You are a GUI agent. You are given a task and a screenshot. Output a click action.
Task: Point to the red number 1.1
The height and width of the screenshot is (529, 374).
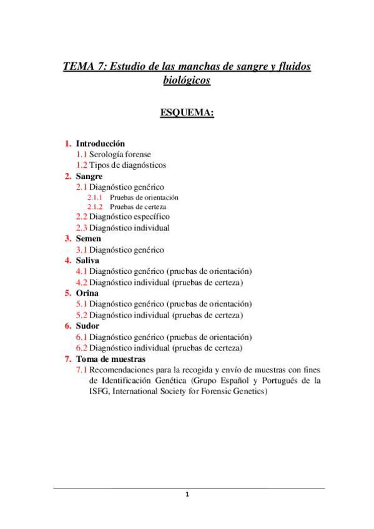[81, 154]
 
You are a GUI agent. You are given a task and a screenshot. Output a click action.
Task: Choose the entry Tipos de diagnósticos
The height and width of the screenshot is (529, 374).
[127, 165]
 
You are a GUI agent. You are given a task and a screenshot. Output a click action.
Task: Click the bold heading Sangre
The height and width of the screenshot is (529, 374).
[89, 177]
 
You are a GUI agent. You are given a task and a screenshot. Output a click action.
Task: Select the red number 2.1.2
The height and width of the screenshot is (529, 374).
[95, 206]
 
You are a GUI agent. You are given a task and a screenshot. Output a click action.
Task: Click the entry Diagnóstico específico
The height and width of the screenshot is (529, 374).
[129, 216]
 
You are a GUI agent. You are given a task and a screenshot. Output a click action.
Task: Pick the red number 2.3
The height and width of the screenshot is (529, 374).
[81, 228]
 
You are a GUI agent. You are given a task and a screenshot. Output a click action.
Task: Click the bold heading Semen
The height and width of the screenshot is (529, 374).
[88, 238]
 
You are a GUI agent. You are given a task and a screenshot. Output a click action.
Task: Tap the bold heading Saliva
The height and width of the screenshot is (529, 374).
[87, 260]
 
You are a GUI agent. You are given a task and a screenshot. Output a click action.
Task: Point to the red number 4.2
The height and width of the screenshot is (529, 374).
[81, 282]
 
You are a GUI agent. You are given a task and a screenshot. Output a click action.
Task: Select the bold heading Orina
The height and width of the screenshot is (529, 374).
[87, 293]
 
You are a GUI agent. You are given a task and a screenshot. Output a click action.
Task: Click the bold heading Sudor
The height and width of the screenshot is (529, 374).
[87, 326]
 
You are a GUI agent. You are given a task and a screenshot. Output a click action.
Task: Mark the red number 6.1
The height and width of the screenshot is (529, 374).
[81, 337]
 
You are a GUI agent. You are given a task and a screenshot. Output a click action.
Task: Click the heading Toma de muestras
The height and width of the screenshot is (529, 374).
[111, 359]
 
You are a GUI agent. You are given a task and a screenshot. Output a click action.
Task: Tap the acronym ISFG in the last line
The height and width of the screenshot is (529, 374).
[99, 392]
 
